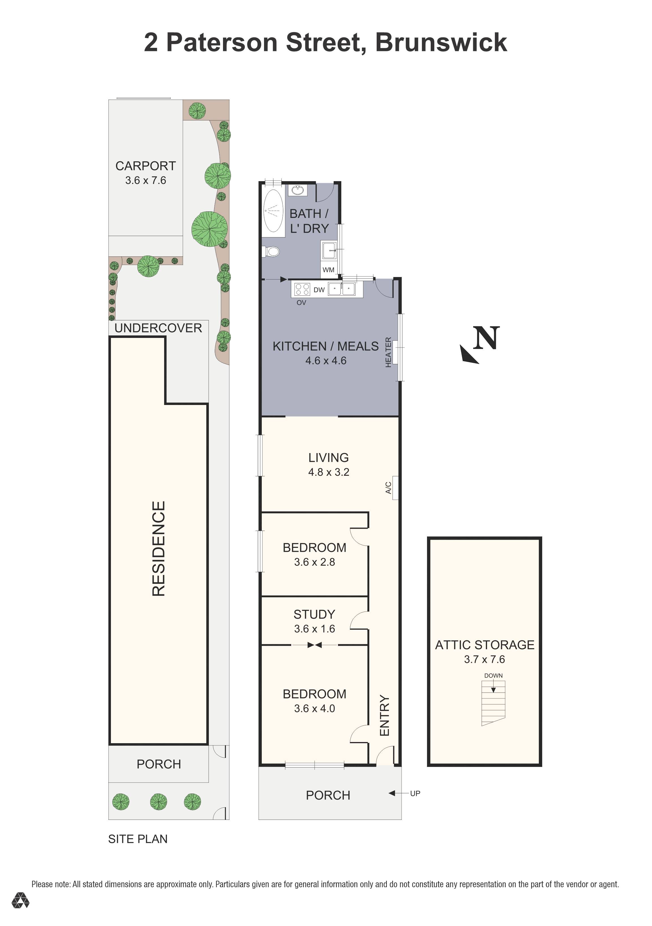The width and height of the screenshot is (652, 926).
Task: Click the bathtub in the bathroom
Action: (x=273, y=211)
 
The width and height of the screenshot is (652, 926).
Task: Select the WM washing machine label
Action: (x=328, y=270)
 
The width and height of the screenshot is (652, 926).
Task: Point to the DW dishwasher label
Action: (x=319, y=290)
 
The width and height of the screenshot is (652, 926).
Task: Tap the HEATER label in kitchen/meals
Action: (x=388, y=352)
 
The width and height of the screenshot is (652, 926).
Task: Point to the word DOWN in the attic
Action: (x=493, y=676)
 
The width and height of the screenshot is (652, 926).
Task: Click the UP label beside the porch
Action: (x=415, y=793)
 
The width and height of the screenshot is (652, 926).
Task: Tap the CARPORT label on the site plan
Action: (x=145, y=166)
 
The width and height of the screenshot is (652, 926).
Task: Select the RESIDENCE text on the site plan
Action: (x=158, y=548)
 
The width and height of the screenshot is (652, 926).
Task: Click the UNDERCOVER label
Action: (x=158, y=328)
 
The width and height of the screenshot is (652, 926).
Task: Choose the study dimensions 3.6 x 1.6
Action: (x=314, y=629)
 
